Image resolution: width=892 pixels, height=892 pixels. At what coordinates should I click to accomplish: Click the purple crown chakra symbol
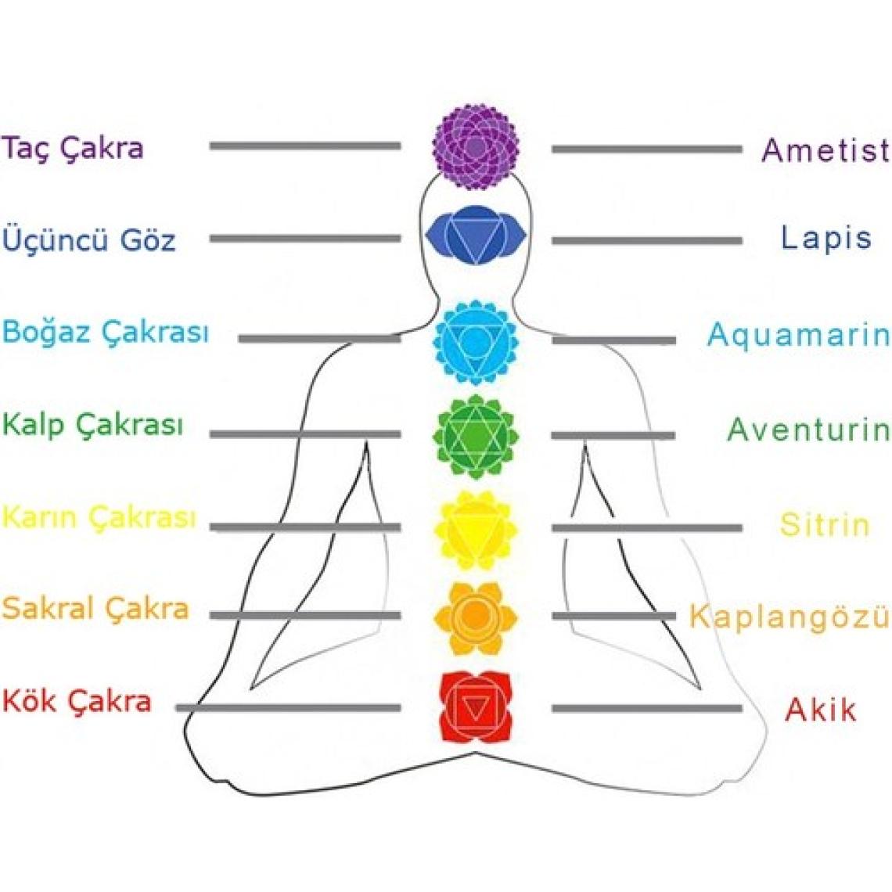pyautogui.click(x=476, y=147)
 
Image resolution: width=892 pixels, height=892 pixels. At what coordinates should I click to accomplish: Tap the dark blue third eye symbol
pyautogui.click(x=476, y=235)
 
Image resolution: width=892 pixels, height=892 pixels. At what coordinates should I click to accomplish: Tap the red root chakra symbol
pyautogui.click(x=475, y=707)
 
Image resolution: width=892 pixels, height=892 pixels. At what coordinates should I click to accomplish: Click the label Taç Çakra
pyautogui.click(x=73, y=147)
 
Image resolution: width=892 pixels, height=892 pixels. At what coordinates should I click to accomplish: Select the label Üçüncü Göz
pyautogui.click(x=89, y=239)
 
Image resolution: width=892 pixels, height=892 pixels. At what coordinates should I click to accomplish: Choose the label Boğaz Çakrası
pyautogui.click(x=106, y=332)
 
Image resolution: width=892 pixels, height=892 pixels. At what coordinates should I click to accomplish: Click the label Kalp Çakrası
pyautogui.click(x=93, y=425)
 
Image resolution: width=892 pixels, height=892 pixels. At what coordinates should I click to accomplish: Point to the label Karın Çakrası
pyautogui.click(x=99, y=517)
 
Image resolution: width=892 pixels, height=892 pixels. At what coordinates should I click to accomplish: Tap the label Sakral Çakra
pyautogui.click(x=95, y=609)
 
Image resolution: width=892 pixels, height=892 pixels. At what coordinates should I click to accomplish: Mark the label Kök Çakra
pyautogui.click(x=77, y=700)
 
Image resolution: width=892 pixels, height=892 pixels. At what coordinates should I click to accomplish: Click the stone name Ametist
pyautogui.click(x=825, y=149)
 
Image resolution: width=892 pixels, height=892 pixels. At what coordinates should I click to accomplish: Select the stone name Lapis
pyautogui.click(x=826, y=237)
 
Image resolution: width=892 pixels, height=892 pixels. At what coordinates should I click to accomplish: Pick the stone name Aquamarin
pyautogui.click(x=798, y=335)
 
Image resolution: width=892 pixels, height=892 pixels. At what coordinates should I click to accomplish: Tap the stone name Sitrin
pyautogui.click(x=825, y=524)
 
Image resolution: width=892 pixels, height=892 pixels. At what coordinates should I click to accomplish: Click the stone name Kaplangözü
pyautogui.click(x=789, y=617)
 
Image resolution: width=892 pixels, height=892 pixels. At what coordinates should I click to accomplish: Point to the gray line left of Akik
pyautogui.click(x=646, y=709)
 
